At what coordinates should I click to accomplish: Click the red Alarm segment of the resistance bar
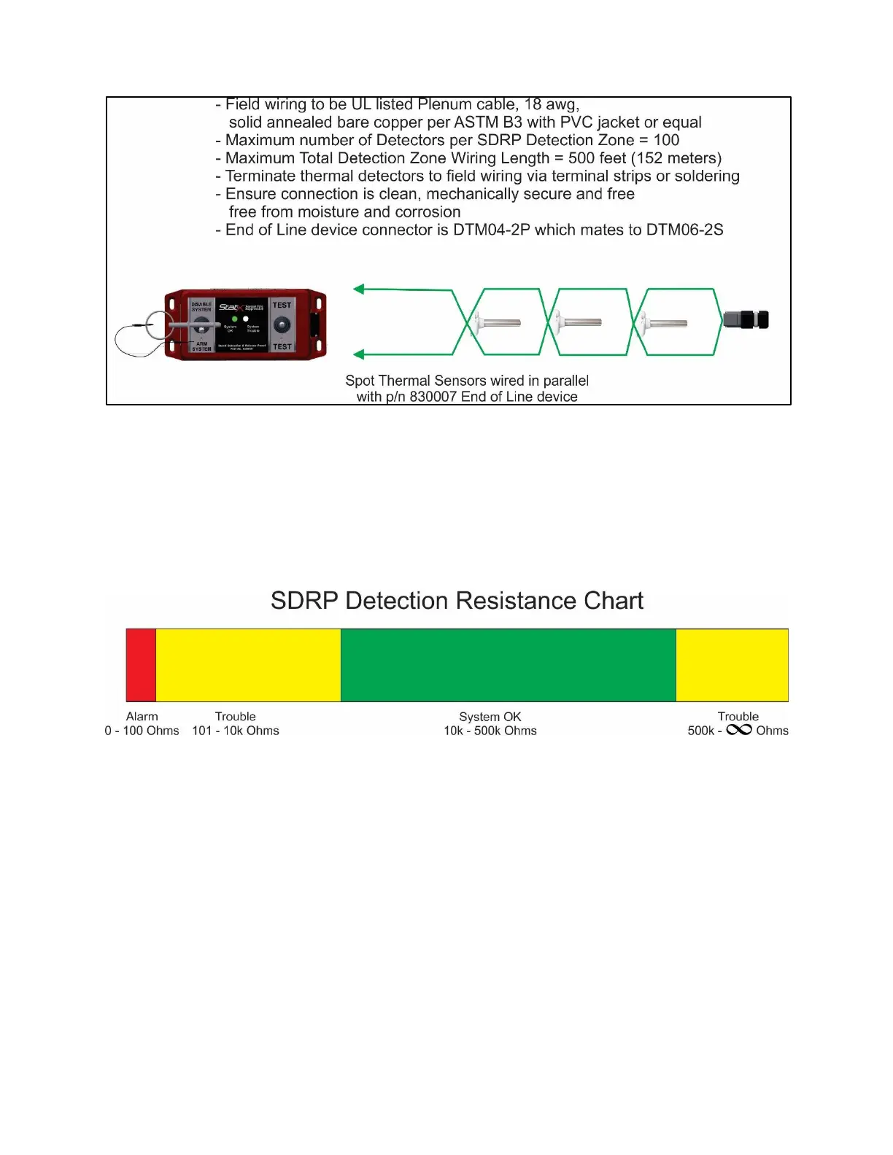click(141, 665)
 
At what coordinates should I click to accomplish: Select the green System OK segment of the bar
click(508, 665)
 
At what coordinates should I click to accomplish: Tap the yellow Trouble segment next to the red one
click(248, 665)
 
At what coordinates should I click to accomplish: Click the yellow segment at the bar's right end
click(732, 665)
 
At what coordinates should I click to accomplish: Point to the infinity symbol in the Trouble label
click(738, 730)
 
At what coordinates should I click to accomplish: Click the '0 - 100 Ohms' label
click(142, 731)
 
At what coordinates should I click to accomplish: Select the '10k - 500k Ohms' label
click(490, 731)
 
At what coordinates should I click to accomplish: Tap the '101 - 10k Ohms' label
click(235, 731)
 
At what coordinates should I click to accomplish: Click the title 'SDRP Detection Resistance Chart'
click(457, 601)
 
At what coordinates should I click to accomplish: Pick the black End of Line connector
click(746, 319)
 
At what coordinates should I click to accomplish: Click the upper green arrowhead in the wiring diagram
click(358, 289)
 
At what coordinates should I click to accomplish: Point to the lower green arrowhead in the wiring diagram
click(358, 355)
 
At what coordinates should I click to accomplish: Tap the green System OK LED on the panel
click(234, 319)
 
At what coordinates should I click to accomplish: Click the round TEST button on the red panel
click(282, 325)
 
